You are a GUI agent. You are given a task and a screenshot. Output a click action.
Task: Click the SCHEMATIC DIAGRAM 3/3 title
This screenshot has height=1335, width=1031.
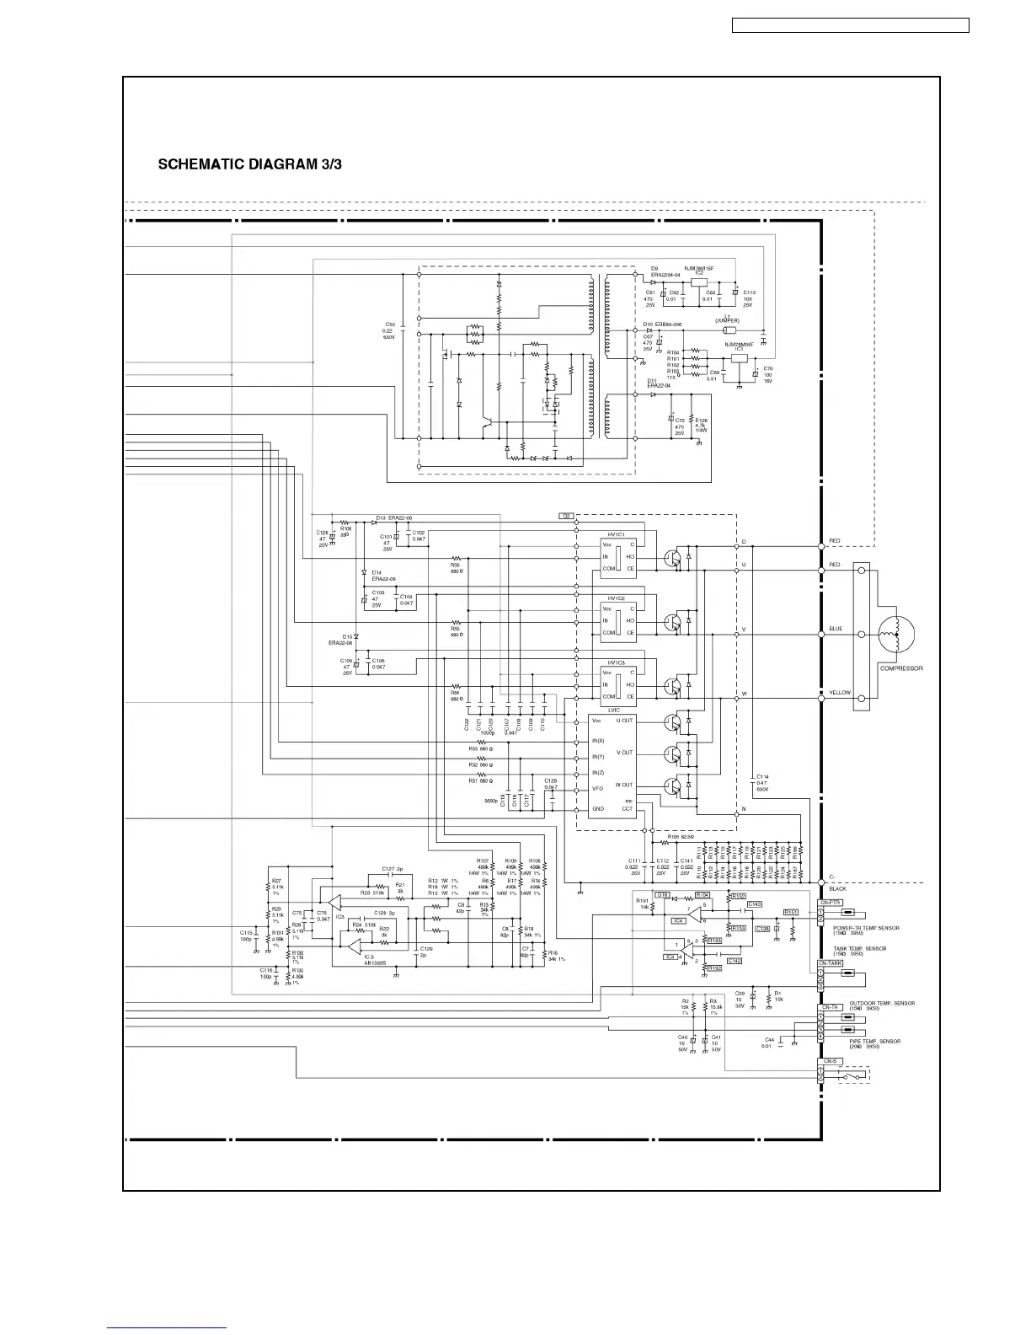[x=250, y=164]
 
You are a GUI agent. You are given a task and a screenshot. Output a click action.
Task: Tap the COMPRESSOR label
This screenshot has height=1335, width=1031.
[x=901, y=668]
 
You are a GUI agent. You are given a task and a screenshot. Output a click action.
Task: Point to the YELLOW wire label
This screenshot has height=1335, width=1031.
[x=840, y=693]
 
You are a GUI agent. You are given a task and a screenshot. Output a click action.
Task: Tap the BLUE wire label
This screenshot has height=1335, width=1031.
[x=836, y=629]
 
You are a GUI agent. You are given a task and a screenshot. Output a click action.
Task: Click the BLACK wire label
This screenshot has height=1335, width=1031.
[x=837, y=889]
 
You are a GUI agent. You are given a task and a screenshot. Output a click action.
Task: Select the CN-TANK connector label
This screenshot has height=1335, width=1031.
[x=830, y=962]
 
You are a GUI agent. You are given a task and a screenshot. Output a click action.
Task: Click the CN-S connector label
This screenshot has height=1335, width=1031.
[x=830, y=1061]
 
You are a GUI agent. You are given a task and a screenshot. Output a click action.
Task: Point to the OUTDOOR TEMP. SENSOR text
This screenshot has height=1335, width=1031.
[x=882, y=1004]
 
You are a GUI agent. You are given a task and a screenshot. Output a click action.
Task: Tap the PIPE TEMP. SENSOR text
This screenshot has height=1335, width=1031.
[x=874, y=1042]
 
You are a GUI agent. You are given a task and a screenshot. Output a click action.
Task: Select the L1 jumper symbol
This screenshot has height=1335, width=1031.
[x=729, y=330]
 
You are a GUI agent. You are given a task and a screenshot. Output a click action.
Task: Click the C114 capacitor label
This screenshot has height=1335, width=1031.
[x=762, y=776]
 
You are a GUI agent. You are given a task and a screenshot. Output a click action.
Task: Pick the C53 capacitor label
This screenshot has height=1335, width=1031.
[x=390, y=324]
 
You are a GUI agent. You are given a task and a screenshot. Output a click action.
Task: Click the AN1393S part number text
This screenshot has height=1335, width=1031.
[x=375, y=962]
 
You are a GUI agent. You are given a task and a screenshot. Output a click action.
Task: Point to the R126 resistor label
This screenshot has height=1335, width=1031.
[x=701, y=420]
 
